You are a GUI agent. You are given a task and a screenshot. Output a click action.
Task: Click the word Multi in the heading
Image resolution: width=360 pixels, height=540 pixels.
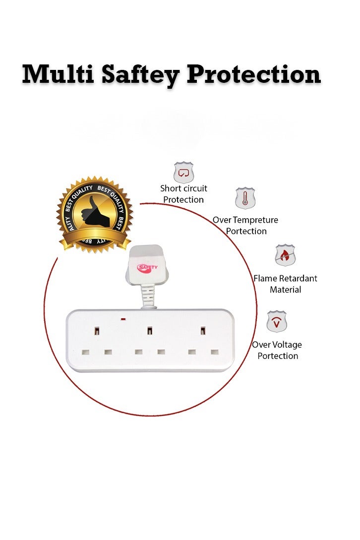coord(58,74)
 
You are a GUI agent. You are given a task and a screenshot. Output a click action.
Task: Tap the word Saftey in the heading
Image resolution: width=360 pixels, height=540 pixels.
coord(140,75)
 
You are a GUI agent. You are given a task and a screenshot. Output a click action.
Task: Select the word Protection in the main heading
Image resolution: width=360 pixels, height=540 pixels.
coord(253,74)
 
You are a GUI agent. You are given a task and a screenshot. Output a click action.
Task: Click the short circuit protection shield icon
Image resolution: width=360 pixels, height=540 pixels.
coord(183,172)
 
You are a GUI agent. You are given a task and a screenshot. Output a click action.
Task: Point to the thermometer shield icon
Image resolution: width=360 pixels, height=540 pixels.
coord(245,198)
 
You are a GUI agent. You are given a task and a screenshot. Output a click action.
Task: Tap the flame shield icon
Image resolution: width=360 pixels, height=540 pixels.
coord(285,255)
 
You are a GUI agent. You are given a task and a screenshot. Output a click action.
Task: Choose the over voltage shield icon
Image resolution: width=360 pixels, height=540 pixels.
coord(277,321)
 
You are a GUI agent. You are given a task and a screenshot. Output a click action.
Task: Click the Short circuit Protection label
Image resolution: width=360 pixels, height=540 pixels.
coord(183,194)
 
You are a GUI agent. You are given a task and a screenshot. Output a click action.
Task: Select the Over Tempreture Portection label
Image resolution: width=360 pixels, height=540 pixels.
coord(245,225)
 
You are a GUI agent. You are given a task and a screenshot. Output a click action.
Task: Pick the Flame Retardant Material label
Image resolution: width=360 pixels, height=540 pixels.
coord(285,284)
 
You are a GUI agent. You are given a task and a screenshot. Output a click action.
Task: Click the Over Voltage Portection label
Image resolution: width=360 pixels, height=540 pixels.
coord(277,350)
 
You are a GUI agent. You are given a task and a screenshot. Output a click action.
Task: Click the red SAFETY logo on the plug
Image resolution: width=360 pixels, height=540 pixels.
coord(147,267)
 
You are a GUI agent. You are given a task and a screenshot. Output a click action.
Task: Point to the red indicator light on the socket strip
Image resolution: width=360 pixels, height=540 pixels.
coord(123,319)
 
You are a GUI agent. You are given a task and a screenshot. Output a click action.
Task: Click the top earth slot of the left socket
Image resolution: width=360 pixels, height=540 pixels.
coord(97,331)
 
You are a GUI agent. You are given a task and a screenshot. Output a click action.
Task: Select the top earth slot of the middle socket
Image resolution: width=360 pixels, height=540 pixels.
coord(150,331)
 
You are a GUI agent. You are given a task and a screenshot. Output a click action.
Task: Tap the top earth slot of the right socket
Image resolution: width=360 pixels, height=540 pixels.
coord(203,331)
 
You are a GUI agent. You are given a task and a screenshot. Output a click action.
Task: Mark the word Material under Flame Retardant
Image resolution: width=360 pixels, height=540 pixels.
coord(285,290)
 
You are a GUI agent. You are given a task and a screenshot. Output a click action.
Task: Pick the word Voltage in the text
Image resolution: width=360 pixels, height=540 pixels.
coord(287,345)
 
